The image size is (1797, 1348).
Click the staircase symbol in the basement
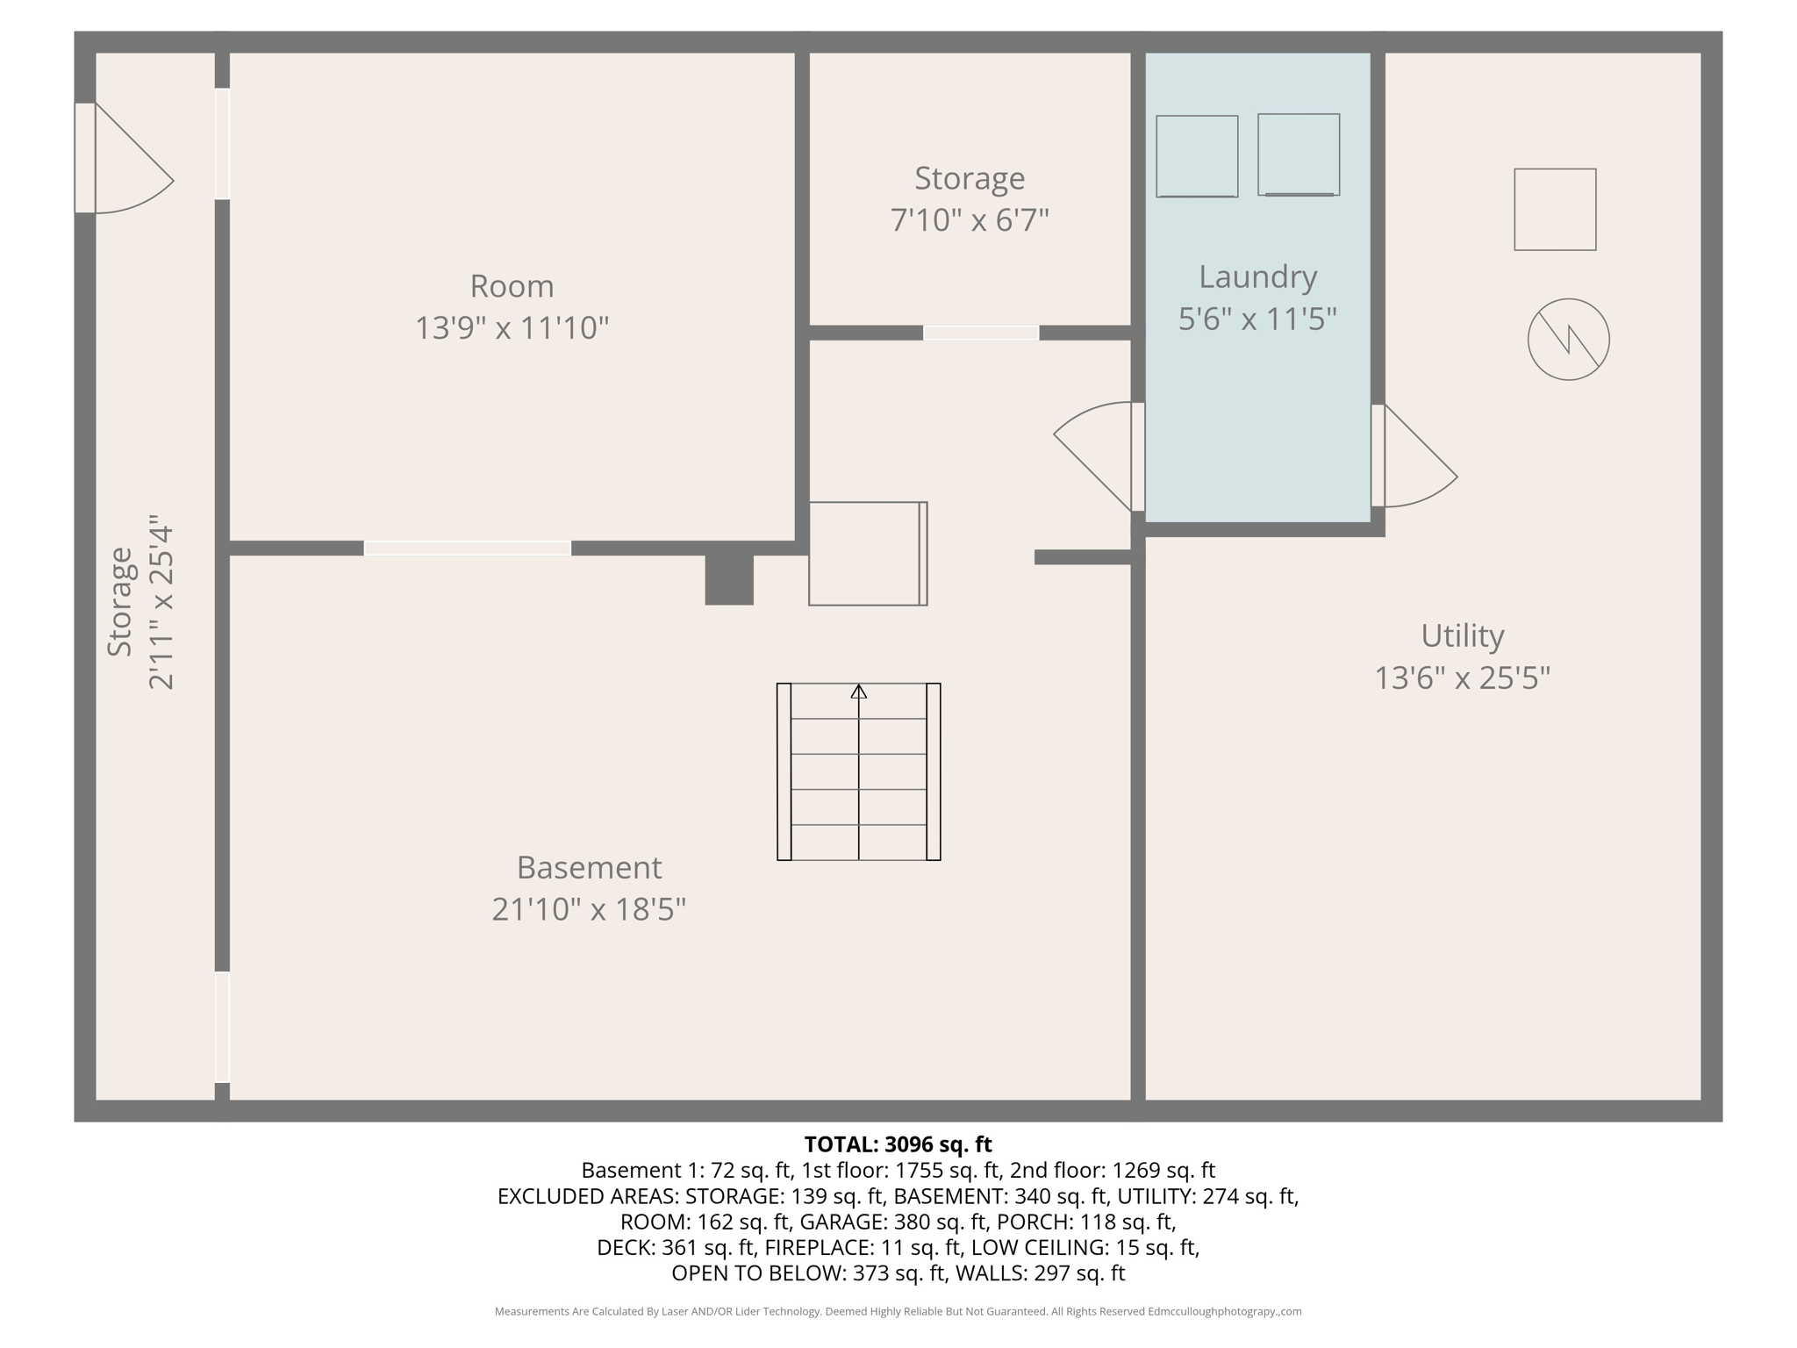(x=858, y=771)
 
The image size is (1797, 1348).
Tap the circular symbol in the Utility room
(x=1568, y=340)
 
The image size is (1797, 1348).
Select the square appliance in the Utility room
(x=1554, y=210)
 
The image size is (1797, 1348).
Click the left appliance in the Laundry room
(x=1196, y=156)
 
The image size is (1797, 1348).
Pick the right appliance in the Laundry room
(x=1298, y=154)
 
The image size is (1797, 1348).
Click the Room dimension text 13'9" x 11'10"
(x=512, y=328)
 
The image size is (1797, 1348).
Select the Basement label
(x=589, y=867)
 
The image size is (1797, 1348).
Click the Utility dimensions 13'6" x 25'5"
(x=1462, y=678)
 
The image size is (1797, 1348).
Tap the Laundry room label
(x=1257, y=277)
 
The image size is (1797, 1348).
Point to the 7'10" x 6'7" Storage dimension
(x=970, y=219)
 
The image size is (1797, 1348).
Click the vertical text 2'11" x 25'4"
(x=161, y=602)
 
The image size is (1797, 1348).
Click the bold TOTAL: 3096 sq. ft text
(x=898, y=1144)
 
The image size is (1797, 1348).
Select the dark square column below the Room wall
(x=729, y=579)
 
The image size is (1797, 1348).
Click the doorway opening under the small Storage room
(x=980, y=333)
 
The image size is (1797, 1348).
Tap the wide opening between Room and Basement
(x=467, y=549)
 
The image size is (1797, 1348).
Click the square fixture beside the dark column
(x=867, y=553)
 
